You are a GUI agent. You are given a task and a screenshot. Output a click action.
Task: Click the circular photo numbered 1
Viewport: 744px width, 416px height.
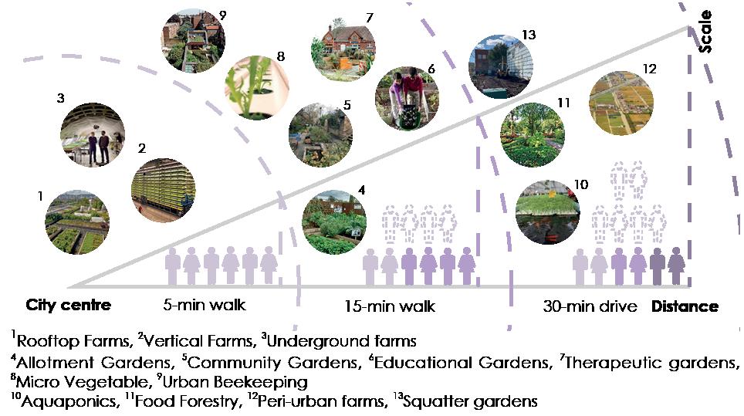pos(76,222)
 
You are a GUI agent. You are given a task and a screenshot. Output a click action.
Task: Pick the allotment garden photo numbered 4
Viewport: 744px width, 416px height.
pos(334,223)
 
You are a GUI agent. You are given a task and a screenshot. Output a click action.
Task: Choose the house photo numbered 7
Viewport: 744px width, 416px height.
pos(342,48)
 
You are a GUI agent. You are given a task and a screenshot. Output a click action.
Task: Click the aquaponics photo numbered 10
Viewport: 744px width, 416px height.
pos(546,211)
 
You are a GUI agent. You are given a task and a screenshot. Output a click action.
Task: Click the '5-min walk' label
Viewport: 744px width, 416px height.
pos(205,305)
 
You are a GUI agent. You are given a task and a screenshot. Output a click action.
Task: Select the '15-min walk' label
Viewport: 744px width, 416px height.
pos(390,306)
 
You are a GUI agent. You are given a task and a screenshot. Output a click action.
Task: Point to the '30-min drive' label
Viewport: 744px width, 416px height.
pos(590,306)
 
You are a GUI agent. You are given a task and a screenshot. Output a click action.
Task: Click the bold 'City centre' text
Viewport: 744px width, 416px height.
pos(69,305)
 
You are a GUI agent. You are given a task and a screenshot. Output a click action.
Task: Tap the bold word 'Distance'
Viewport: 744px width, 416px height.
pos(685,306)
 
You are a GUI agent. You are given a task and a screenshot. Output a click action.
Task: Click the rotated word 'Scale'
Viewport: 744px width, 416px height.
pos(706,32)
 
